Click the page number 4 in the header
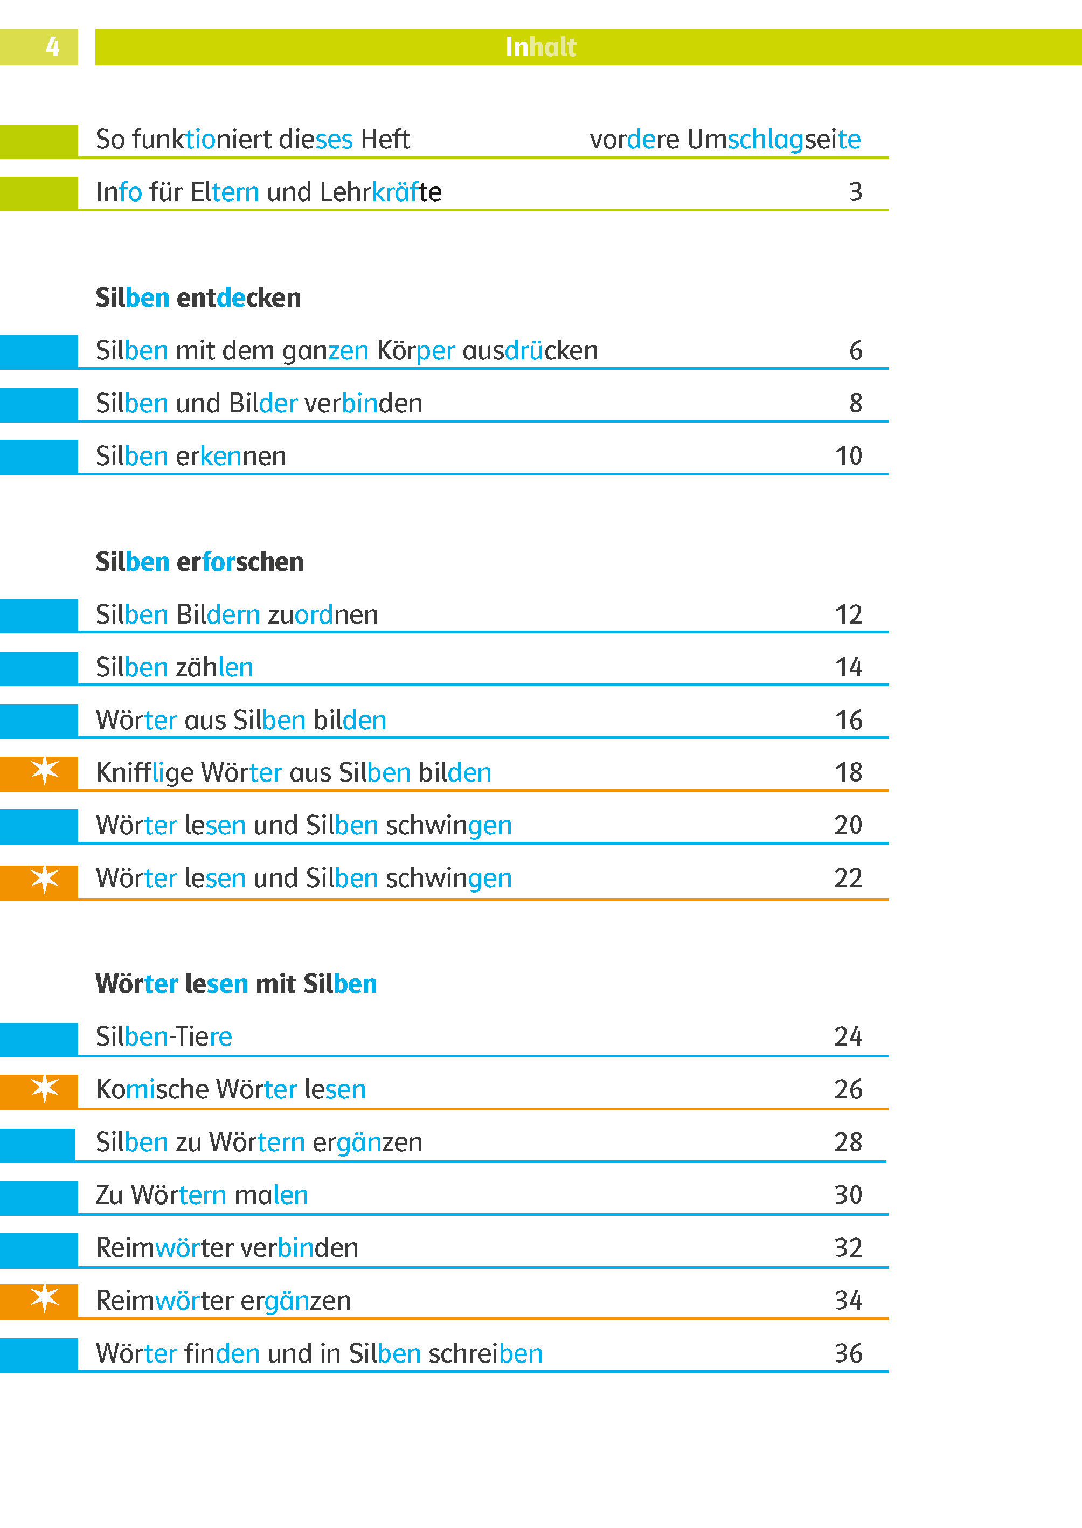pyautogui.click(x=53, y=47)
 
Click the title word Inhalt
pyautogui.click(x=540, y=47)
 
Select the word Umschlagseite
pyautogui.click(x=774, y=139)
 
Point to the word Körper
pyautogui.click(x=416, y=350)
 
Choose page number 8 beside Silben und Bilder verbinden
pyautogui.click(x=856, y=403)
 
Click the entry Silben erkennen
pyautogui.click(x=191, y=457)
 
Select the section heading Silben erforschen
pyautogui.click(x=199, y=562)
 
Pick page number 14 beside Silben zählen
pyautogui.click(x=848, y=667)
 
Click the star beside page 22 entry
pyautogui.click(x=45, y=879)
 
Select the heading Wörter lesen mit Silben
pyautogui.click(x=236, y=984)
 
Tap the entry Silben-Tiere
pyautogui.click(x=164, y=1037)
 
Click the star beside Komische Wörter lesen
pyautogui.click(x=45, y=1088)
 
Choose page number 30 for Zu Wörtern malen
pyautogui.click(x=848, y=1195)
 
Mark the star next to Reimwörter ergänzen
pyautogui.click(x=45, y=1299)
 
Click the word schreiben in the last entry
pyautogui.click(x=485, y=1353)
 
